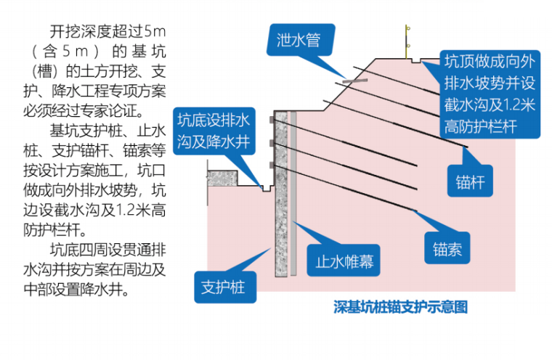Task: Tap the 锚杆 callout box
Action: [470, 179]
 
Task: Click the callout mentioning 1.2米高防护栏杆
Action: [490, 93]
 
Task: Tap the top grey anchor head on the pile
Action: [272, 118]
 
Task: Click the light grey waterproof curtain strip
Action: [293, 196]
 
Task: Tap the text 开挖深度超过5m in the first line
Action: [109, 32]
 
